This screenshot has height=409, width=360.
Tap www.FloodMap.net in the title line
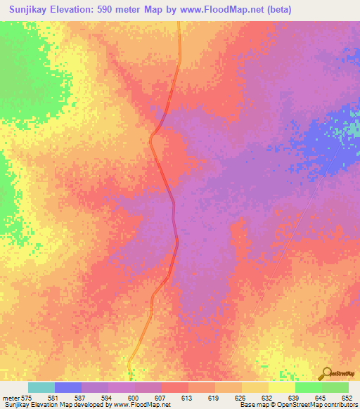coord(219,9)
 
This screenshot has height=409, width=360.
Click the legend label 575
coord(25,398)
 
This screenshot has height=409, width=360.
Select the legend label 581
coord(53,398)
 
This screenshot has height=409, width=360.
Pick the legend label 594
coord(106,398)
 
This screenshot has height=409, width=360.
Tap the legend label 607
coord(160,398)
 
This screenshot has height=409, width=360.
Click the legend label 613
coord(186,398)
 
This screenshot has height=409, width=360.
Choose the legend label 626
coord(240,398)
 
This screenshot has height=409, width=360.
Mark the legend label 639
coord(293,398)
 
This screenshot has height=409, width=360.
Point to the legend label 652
coord(347,398)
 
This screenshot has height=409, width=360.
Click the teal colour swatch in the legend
coord(41,387)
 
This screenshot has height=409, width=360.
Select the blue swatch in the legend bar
coord(68,387)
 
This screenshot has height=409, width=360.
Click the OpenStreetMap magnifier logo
coord(326,372)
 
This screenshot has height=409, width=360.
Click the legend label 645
coord(320,398)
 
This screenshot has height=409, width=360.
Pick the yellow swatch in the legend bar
coord(282,387)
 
